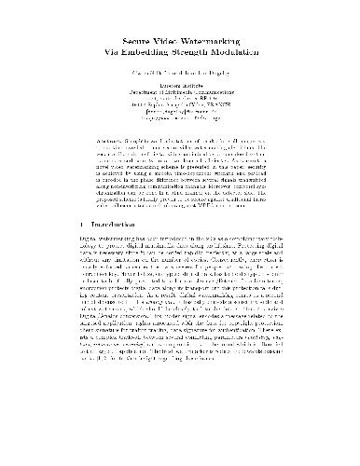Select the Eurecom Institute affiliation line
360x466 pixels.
click(x=179, y=87)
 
